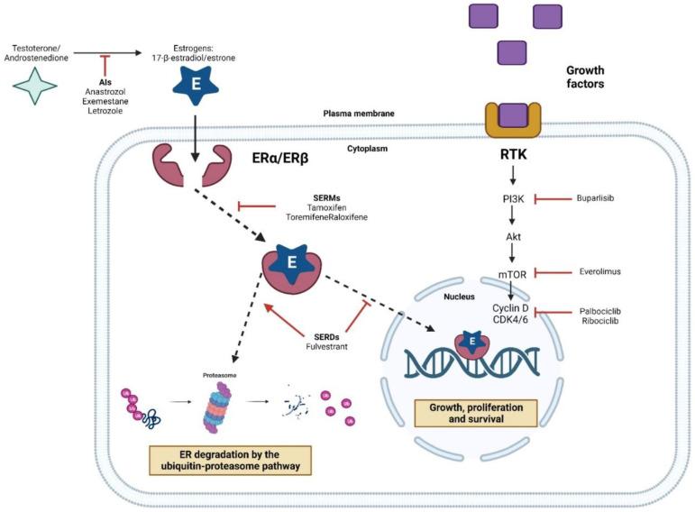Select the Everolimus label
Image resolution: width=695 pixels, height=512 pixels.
pyautogui.click(x=599, y=270)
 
